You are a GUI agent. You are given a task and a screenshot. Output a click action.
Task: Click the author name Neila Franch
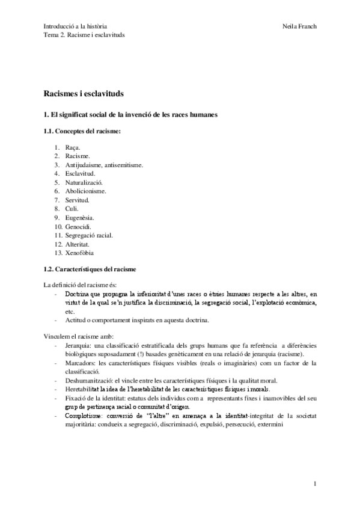(298, 26)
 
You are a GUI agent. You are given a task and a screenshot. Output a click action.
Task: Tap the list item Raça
(73, 147)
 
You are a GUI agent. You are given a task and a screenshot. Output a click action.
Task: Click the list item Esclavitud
(80, 173)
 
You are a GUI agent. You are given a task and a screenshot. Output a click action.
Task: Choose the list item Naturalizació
(84, 182)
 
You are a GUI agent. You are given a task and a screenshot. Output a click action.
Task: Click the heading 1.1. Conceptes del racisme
(82, 131)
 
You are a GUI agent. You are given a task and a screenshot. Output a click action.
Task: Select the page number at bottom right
(315, 483)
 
